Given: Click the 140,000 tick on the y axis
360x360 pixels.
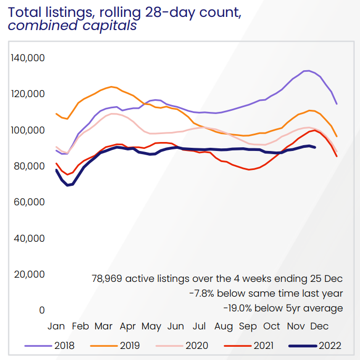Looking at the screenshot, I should (27, 58).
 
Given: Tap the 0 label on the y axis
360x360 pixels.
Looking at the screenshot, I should (42, 310).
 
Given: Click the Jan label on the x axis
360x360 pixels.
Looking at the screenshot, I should (56, 326).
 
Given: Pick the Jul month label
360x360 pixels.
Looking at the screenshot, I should (200, 326).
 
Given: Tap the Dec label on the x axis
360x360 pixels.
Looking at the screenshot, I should (319, 326).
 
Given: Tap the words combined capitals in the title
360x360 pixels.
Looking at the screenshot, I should (73, 25).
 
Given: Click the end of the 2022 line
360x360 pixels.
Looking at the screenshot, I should (315, 147).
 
